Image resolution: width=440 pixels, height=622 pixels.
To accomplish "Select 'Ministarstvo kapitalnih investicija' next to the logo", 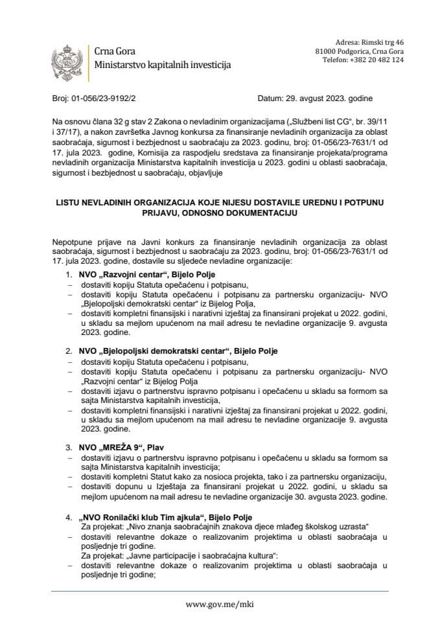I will [161, 65].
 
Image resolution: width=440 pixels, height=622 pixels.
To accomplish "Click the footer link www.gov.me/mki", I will [220, 603].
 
